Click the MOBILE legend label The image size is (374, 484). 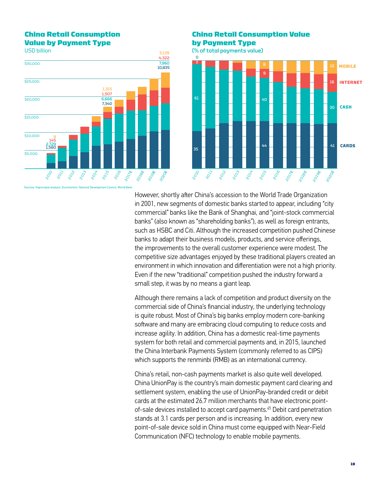coord(347,66)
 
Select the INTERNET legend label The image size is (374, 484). coord(351,82)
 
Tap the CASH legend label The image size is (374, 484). coord(346,107)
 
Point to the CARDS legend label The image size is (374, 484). coord(348,146)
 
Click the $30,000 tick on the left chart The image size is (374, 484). coord(32,64)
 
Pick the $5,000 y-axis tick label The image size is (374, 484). coord(31,154)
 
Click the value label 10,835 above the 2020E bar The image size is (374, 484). coord(163,68)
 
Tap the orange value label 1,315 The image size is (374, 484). coord(107,89)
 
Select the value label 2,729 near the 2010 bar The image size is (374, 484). coord(51,144)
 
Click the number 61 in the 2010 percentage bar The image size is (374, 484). coord(197,98)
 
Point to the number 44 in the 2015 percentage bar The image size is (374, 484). coord(264,146)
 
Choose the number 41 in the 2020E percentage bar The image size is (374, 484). coord(332,146)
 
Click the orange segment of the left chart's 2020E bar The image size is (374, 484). coord(165,80)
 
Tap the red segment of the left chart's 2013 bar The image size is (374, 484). coord(85,130)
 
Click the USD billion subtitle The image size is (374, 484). coord(38,51)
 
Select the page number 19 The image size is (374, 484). coord(353,464)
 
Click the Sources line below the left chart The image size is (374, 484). coord(78,187)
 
